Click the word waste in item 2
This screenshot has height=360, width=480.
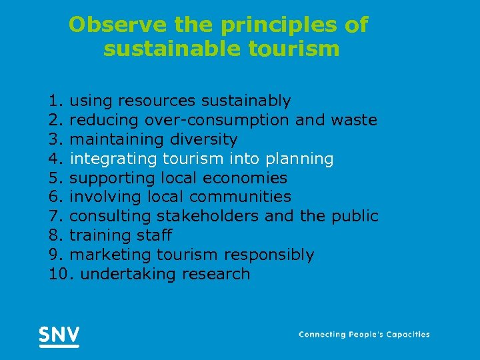click(355, 121)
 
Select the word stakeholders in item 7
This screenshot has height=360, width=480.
click(203, 217)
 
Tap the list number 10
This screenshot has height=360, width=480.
click(59, 274)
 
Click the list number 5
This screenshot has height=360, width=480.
click(55, 178)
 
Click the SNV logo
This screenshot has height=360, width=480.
click(59, 335)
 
